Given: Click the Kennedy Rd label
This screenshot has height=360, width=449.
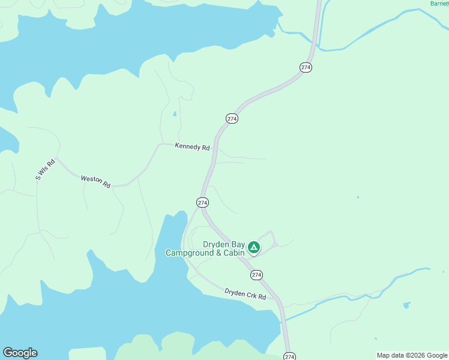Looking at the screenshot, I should point(192,146).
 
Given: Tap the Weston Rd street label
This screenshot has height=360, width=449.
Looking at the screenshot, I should point(96,181).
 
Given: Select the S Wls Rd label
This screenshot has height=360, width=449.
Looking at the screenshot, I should point(45,169).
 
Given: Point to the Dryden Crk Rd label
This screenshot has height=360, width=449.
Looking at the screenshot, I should point(245,293).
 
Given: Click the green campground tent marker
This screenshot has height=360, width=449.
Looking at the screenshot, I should point(254,247).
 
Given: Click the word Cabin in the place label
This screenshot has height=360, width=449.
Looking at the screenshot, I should point(234,253).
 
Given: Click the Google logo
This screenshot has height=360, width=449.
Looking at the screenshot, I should point(20,353).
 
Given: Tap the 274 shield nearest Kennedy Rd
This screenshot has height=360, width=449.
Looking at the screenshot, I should point(232,119).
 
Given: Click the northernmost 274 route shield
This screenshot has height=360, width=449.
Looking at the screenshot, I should point(306,67).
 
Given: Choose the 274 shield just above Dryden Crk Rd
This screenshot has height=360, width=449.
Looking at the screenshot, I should point(256,275).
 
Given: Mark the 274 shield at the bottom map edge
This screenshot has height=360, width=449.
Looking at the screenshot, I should point(290,356).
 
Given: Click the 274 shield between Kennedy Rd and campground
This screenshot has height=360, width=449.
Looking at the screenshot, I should point(202,203).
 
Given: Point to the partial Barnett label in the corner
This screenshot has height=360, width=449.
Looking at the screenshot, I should point(439,4).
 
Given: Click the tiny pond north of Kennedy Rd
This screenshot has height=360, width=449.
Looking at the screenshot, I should point(175,113).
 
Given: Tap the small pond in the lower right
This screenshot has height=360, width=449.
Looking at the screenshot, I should point(406,305).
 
